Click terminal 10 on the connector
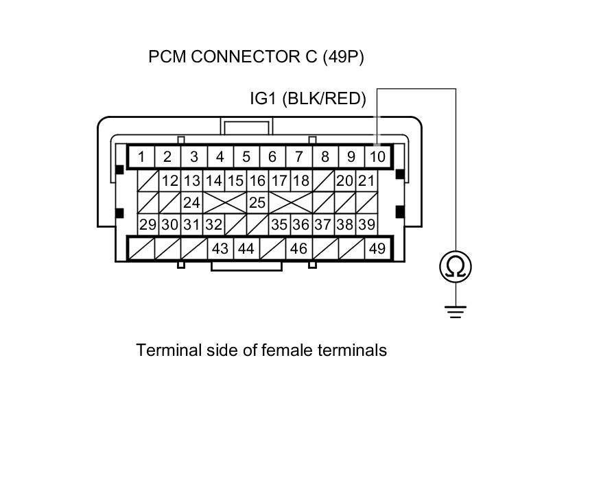tap(377, 157)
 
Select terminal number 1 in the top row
tap(141, 157)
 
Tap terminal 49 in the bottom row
tap(377, 248)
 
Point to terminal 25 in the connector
tap(257, 202)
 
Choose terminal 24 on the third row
tap(191, 202)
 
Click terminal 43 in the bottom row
tap(220, 248)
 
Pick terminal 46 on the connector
tap(298, 248)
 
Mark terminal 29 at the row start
tap(147, 224)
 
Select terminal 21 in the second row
tap(366, 180)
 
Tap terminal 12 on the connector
tap(169, 180)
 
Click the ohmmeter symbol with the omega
tap(456, 266)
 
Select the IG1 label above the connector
tap(263, 99)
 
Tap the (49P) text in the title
tap(343, 57)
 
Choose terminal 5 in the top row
tap(246, 157)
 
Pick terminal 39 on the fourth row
tap(366, 224)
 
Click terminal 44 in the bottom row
tap(246, 248)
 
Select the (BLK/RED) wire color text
tap(324, 99)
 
